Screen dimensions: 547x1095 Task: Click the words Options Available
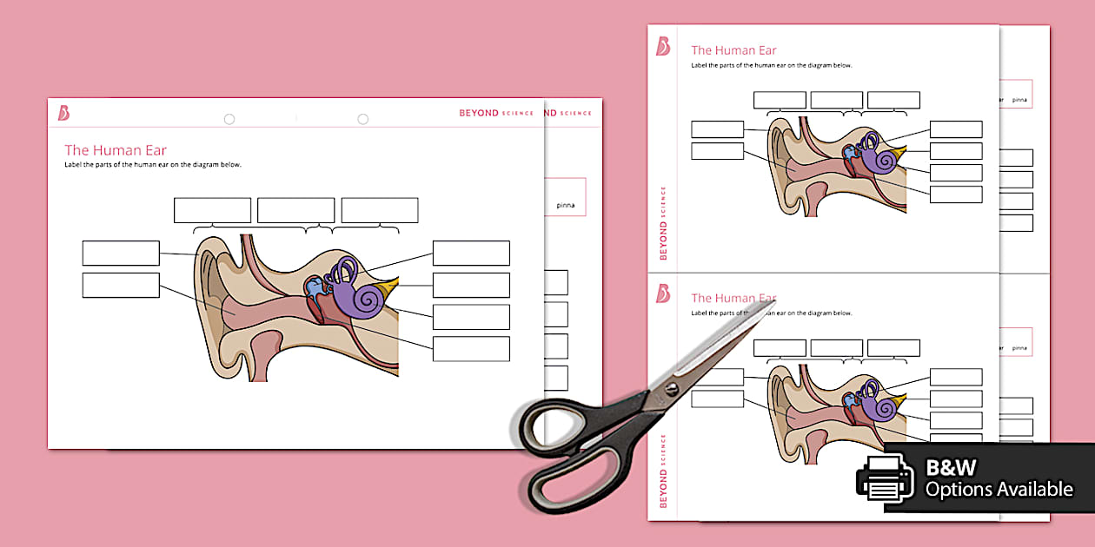coord(999,490)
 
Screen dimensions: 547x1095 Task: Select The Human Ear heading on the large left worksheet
coord(116,150)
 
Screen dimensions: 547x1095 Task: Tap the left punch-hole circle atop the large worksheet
coord(229,119)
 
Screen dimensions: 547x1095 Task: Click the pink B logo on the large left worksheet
coord(63,113)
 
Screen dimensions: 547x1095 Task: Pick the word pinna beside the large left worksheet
coord(566,206)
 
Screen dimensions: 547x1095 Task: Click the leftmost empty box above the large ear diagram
coord(212,210)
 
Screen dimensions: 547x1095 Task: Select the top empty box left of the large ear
coord(121,253)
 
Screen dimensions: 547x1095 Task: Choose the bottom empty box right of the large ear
coord(471,349)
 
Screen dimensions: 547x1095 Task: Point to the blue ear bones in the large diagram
coord(312,287)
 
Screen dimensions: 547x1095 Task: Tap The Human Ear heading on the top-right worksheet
coord(733,50)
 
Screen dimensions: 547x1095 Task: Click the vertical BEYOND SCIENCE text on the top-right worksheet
coord(663,224)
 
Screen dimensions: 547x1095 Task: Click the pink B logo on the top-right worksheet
coord(663,47)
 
